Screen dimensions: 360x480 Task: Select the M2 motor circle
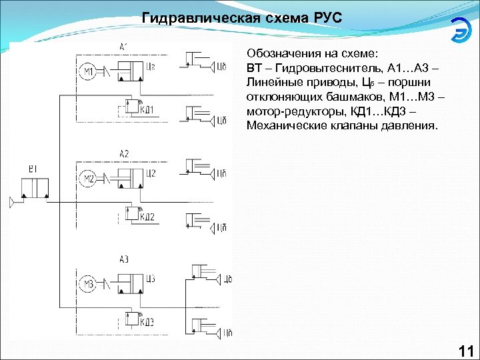[88, 179]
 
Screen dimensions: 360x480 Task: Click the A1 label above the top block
[124, 47]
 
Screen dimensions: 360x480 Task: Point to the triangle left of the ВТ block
[13, 201]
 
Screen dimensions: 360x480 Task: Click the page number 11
[465, 351]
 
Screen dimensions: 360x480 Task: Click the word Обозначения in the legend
[280, 53]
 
